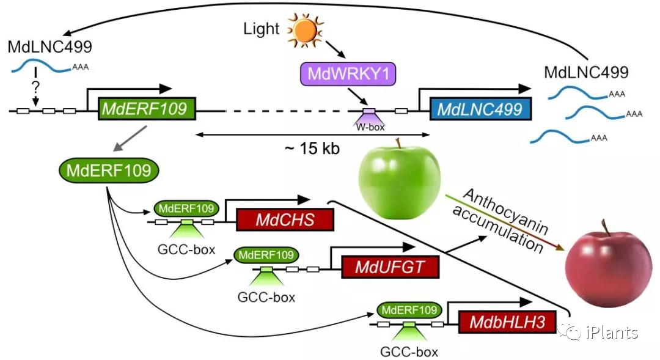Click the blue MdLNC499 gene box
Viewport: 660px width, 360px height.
point(480,110)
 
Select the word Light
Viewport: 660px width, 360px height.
point(261,28)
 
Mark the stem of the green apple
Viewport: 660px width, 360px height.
point(399,143)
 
